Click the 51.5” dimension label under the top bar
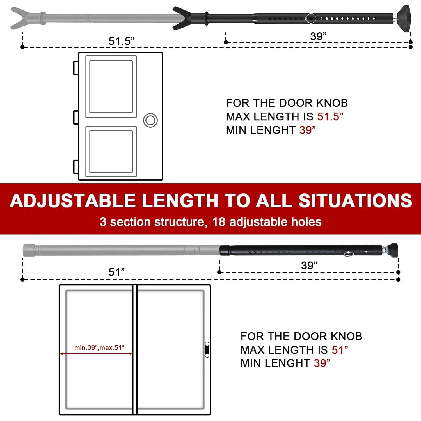[x=122, y=41]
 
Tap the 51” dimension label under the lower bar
[x=116, y=272]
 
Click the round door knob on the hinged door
[x=150, y=120]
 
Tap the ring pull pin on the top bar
[x=311, y=19]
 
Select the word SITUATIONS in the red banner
[x=355, y=201]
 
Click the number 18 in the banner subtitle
[x=219, y=222]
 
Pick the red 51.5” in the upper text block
[x=330, y=116]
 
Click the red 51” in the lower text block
[x=340, y=350]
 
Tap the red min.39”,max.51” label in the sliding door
[x=99, y=347]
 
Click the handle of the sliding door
[x=207, y=349]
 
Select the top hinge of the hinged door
[x=75, y=68]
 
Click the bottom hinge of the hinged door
[x=75, y=167]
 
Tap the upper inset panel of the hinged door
[x=111, y=86]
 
